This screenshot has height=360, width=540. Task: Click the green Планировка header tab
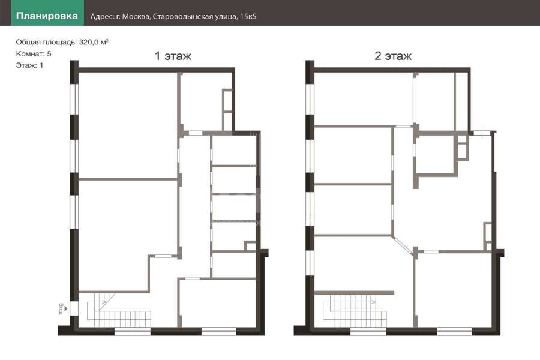click(x=47, y=13)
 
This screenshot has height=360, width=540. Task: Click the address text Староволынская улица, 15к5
click(x=205, y=17)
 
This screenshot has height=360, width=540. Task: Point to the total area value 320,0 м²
click(x=94, y=42)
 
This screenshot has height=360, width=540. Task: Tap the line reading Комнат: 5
click(x=34, y=54)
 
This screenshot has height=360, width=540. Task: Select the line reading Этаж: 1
click(x=29, y=65)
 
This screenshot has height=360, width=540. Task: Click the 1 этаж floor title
click(x=173, y=56)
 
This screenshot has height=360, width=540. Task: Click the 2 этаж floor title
click(x=393, y=56)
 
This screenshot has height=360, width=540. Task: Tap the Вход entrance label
click(x=61, y=308)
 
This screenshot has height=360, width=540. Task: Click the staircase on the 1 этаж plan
click(x=119, y=310)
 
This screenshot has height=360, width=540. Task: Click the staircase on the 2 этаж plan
click(x=355, y=311)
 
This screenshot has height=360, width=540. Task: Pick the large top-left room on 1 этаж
click(x=128, y=125)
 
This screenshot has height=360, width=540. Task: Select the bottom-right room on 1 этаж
click(x=218, y=303)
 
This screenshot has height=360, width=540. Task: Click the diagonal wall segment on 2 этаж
click(x=402, y=245)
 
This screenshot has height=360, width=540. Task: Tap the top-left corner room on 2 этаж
click(x=364, y=99)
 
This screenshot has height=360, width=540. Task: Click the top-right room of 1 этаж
click(x=202, y=101)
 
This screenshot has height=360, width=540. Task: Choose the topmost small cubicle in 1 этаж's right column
click(x=234, y=151)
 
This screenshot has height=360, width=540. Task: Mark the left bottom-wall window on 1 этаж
click(x=132, y=332)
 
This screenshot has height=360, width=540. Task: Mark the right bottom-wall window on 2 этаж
click(x=454, y=332)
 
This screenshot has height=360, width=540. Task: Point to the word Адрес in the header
click(x=101, y=17)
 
